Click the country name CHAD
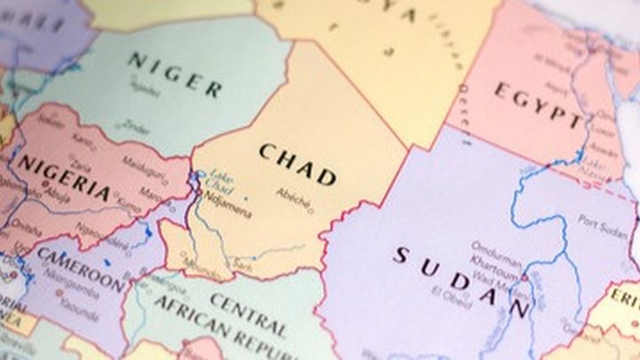click(x=298, y=164)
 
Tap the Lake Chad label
click(x=220, y=183)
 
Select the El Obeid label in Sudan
click(x=450, y=293)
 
